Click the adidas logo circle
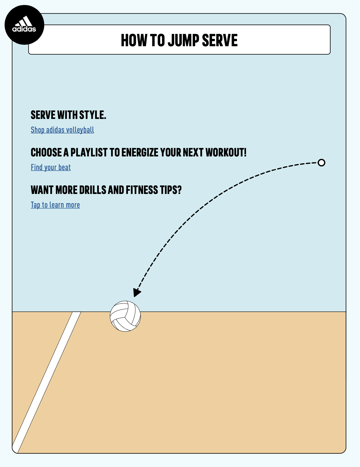pos(24,25)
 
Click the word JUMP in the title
pos(183,40)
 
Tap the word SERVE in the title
pos(220,40)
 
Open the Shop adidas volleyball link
pos(62,130)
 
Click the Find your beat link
pos(51,167)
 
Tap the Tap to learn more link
pos(55,205)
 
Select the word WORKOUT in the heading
pos(226,152)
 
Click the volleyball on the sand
pos(125,316)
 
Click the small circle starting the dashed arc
pos(321,163)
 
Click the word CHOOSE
pos(46,152)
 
